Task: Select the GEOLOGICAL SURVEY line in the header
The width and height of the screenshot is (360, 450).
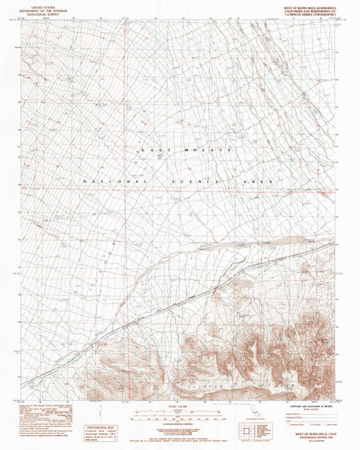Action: (39, 13)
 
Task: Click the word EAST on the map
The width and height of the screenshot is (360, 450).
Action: (151, 149)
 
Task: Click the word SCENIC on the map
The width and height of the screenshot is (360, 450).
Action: (196, 181)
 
